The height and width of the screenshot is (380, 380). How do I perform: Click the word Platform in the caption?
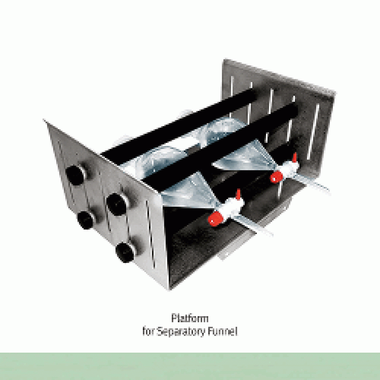190,318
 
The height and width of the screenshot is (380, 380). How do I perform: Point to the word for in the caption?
148,331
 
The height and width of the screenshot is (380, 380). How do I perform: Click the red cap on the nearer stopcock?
215,218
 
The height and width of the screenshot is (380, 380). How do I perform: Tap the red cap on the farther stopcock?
276,176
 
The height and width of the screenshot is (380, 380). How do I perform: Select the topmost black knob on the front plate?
76,175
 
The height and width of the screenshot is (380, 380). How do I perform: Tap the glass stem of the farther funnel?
313,184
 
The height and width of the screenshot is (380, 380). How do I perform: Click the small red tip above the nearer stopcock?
239,194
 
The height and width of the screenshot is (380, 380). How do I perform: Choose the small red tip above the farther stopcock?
295,158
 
